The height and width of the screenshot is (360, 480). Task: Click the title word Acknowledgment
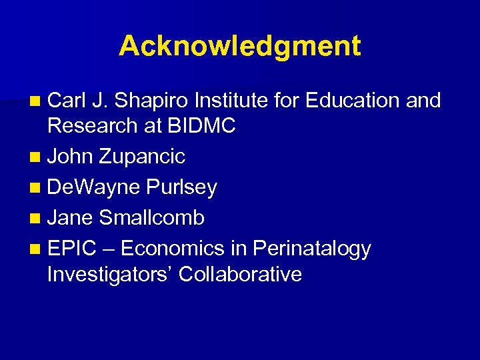point(240,47)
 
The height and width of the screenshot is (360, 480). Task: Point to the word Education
point(351,101)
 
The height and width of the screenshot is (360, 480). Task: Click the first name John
point(71,157)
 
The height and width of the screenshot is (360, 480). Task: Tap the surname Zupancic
point(142,157)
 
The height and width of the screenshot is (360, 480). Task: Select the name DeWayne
point(94,188)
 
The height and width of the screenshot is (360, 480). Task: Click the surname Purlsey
point(181,188)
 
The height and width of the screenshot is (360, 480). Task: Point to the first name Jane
point(71,218)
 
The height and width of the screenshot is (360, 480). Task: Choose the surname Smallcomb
point(151,218)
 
